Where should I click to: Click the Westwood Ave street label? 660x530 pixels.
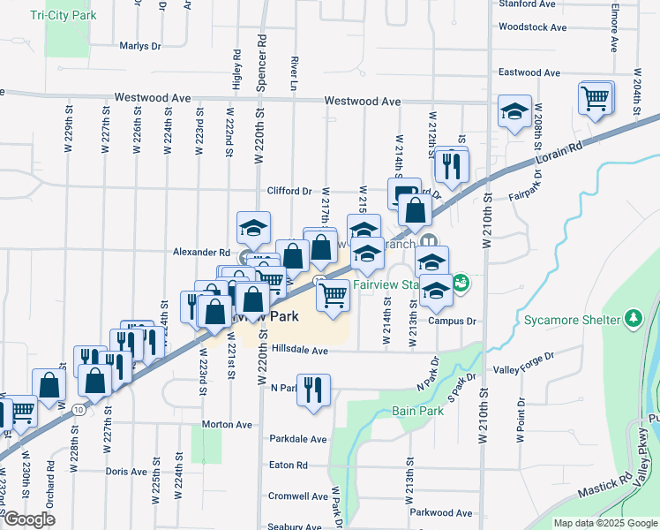tap(363, 102)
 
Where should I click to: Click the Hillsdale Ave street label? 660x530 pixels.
tap(300, 351)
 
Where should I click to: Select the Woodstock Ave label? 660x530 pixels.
tap(532, 26)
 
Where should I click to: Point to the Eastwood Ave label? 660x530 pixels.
tap(531, 72)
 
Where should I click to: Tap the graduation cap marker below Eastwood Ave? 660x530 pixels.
tap(514, 111)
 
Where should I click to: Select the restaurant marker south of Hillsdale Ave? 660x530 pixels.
tap(312, 389)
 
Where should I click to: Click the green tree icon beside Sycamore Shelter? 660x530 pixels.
tap(633, 317)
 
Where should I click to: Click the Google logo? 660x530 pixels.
tap(29, 519)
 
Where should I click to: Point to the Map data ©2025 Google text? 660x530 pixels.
tap(604, 523)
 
